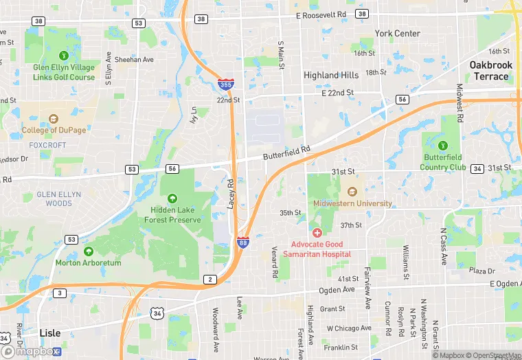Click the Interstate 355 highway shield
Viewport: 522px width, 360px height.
(225, 84)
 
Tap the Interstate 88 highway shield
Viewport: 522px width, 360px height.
(242, 243)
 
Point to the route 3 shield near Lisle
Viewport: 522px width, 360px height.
(60, 293)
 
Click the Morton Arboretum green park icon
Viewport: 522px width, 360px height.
(88, 251)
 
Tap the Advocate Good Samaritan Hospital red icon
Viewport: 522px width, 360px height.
(317, 234)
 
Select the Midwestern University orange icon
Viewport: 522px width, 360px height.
(352, 192)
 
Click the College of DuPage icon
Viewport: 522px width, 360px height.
(54, 119)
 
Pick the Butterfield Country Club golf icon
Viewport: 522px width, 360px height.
(443, 146)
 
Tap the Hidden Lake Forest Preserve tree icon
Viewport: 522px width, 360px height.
(172, 199)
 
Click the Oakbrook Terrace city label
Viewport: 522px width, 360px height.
(490, 71)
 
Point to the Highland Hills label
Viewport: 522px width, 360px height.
(331, 75)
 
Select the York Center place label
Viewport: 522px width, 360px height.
(398, 33)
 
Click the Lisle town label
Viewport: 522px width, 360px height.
(49, 333)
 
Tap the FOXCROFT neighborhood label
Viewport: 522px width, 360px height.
(47, 145)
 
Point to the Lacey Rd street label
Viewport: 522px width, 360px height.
(231, 194)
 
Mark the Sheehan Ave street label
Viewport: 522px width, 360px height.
(134, 60)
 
